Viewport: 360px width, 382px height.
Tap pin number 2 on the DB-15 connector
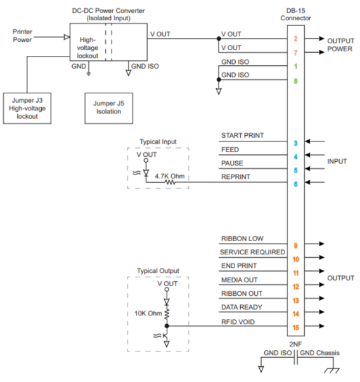[296, 39]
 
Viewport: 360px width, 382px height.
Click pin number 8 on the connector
[296, 81]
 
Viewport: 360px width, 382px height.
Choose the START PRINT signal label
[242, 136]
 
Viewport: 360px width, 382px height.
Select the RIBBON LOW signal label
[241, 239]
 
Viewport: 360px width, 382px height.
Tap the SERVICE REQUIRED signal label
[252, 252]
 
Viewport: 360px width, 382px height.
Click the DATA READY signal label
[241, 307]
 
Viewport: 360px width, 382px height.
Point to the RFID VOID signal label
[238, 321]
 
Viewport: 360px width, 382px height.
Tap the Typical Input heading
[158, 142]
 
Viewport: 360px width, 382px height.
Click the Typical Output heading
[158, 271]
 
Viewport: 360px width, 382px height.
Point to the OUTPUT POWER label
[340, 44]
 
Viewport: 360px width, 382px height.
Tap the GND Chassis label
[321, 352]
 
